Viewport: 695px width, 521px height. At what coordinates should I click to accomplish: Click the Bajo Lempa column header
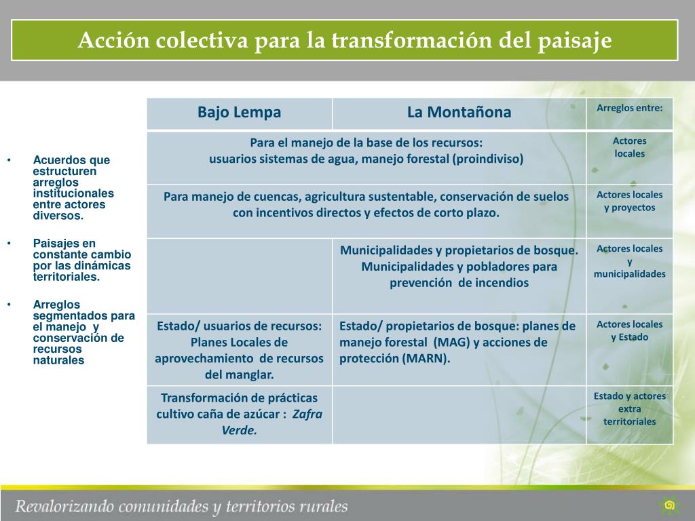(x=239, y=113)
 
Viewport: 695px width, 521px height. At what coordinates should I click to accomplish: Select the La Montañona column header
(x=459, y=113)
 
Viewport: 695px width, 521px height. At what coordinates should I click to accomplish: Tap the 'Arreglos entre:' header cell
(x=629, y=108)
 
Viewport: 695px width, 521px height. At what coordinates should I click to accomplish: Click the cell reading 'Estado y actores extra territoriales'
(x=629, y=408)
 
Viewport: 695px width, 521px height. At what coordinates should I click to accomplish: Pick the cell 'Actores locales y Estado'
(x=629, y=330)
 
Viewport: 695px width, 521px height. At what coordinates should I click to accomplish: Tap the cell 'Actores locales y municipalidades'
(x=629, y=261)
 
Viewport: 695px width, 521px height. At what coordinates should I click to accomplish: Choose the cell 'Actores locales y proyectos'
(x=629, y=201)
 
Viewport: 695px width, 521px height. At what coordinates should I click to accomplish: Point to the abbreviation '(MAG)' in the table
(x=451, y=343)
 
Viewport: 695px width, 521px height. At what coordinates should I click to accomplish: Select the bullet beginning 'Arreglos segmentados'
(x=83, y=332)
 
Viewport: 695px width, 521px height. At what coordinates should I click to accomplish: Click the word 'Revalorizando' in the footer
(x=64, y=506)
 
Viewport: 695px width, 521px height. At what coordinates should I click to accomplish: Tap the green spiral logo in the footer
(x=669, y=505)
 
